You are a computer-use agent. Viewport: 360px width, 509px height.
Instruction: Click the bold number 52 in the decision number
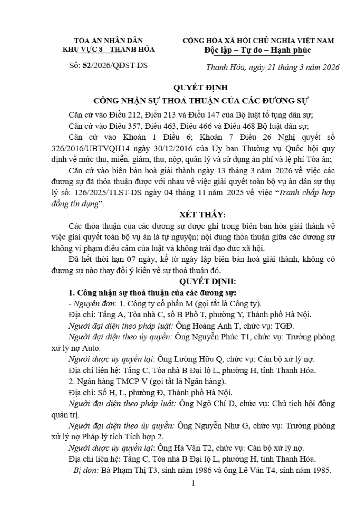(87, 65)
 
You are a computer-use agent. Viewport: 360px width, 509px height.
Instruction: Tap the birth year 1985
(320, 470)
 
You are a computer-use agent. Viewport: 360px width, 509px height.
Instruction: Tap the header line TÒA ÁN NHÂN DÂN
(108, 41)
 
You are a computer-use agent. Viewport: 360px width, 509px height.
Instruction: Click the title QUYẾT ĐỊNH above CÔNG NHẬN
(200, 88)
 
